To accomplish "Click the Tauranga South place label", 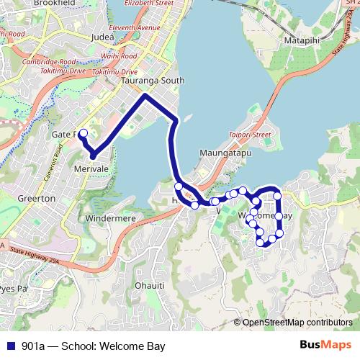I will pos(153,81).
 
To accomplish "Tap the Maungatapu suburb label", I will pos(221,153).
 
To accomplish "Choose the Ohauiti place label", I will pos(151,284).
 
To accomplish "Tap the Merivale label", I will pos(91,168).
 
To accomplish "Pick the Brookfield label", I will pos(74,3).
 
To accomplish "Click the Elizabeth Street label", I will pos(150,4).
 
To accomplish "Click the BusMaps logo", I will pos(329,345).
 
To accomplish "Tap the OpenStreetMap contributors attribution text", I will pos(297,322).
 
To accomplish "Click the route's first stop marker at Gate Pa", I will pos(83,133).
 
